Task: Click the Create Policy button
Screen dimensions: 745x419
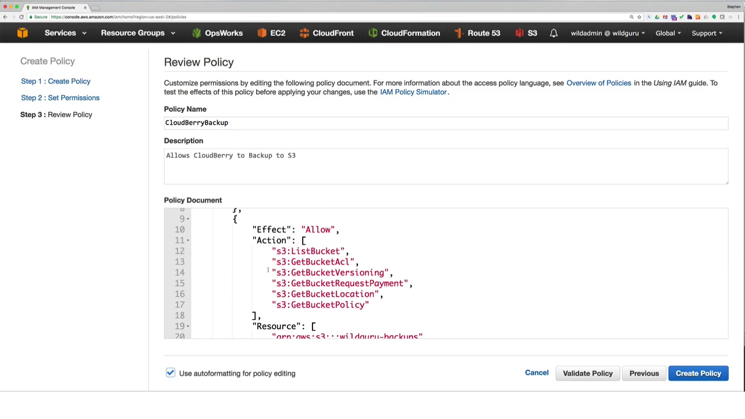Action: pos(698,373)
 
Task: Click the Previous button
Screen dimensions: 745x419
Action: pos(644,373)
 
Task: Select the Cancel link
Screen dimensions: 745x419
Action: pos(537,373)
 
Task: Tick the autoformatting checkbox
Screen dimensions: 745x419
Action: pos(171,373)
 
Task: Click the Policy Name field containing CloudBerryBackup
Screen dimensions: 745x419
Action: pos(445,123)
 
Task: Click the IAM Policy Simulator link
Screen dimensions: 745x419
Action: pos(413,92)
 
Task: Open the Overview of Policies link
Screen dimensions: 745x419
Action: pos(598,83)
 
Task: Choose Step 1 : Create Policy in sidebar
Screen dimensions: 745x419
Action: pos(56,81)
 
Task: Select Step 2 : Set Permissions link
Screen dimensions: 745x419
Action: pos(60,98)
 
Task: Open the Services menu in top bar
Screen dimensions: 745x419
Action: pos(65,33)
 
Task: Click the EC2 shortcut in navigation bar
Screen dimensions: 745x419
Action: pos(272,33)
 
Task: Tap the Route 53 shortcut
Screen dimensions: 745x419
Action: pos(477,33)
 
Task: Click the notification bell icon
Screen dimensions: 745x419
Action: pos(554,33)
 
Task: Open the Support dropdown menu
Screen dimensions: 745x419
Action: pos(707,33)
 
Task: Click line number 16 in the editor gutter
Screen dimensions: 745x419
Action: pos(179,294)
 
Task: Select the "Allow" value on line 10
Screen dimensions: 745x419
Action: pos(317,230)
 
